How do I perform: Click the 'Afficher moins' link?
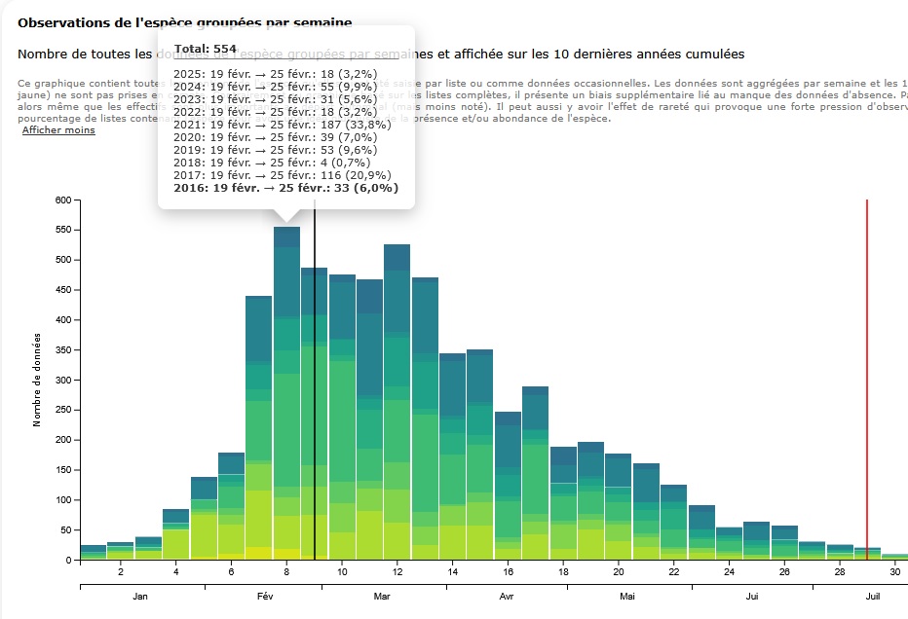(x=58, y=130)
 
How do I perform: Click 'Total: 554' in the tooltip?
(x=205, y=49)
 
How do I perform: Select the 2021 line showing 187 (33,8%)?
(x=282, y=124)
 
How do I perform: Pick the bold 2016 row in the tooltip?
(x=285, y=188)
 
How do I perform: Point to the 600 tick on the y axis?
(x=63, y=200)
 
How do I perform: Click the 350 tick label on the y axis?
(x=63, y=350)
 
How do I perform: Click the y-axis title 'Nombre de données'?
(x=37, y=380)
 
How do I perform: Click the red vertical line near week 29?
(x=867, y=380)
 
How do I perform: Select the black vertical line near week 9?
(x=315, y=389)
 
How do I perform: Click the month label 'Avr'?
(x=506, y=596)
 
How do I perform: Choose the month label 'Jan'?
(x=140, y=596)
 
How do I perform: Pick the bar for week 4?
(x=175, y=535)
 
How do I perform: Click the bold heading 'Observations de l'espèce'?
(x=185, y=21)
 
